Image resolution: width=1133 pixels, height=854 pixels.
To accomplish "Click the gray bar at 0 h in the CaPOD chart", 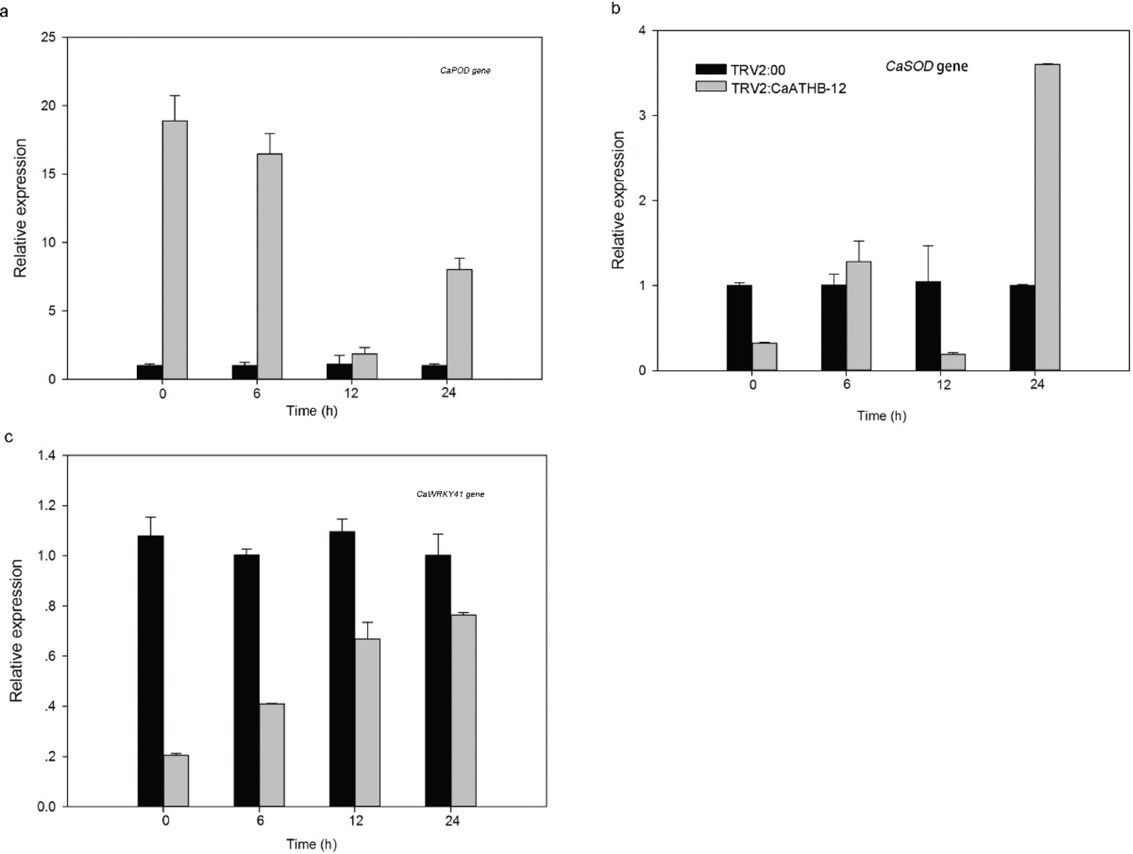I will click(x=175, y=250).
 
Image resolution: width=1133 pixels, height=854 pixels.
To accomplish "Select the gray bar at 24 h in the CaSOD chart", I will click(x=1047, y=217).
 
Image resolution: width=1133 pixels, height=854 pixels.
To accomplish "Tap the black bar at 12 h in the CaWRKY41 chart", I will click(x=342, y=668).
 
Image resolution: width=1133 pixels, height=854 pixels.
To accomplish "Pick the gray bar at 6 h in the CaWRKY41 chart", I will click(x=271, y=755).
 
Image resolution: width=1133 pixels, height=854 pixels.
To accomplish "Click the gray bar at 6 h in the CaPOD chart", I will click(x=269, y=266).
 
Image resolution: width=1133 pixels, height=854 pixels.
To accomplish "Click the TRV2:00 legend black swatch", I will click(x=710, y=69).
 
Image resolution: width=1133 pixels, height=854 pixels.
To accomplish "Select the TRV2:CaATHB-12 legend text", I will click(x=788, y=88).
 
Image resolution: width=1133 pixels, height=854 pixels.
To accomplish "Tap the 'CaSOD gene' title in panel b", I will click(x=926, y=66).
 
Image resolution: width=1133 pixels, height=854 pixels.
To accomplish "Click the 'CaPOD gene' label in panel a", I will click(x=465, y=71).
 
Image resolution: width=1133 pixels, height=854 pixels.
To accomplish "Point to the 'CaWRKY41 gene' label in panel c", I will click(x=450, y=494).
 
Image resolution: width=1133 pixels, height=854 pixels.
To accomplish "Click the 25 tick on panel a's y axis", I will click(x=49, y=37).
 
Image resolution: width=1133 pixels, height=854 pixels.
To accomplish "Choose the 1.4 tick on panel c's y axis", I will click(x=47, y=456).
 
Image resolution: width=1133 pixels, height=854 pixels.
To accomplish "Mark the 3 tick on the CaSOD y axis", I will click(x=642, y=116).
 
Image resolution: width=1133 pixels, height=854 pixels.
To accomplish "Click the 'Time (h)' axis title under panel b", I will click(x=882, y=416).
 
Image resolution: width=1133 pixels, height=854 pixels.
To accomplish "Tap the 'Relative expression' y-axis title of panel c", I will click(x=16, y=631).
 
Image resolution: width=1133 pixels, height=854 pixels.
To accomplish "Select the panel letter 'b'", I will click(x=615, y=8).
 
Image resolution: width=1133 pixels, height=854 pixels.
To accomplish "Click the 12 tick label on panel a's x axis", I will click(x=351, y=393).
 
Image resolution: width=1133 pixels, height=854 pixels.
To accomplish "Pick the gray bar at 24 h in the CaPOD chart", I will click(x=459, y=324).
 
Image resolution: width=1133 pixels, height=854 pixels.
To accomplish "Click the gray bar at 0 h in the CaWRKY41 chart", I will click(x=176, y=781).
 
